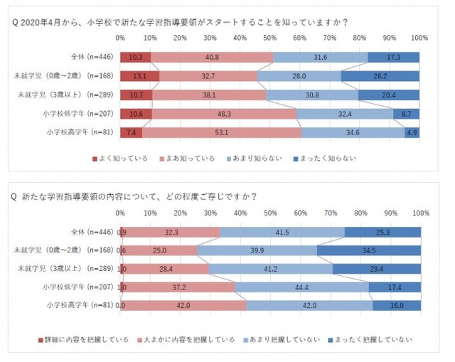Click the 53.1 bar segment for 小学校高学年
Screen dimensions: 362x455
point(222,132)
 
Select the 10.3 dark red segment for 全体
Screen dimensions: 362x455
point(135,57)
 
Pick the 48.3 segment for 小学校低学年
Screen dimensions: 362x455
point(225,113)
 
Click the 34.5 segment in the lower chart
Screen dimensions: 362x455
point(368,250)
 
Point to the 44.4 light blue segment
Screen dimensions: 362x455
point(301,287)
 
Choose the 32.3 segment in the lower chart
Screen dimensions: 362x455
point(171,232)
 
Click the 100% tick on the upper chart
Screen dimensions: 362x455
point(419,36)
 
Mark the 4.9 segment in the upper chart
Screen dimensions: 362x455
point(412,132)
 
